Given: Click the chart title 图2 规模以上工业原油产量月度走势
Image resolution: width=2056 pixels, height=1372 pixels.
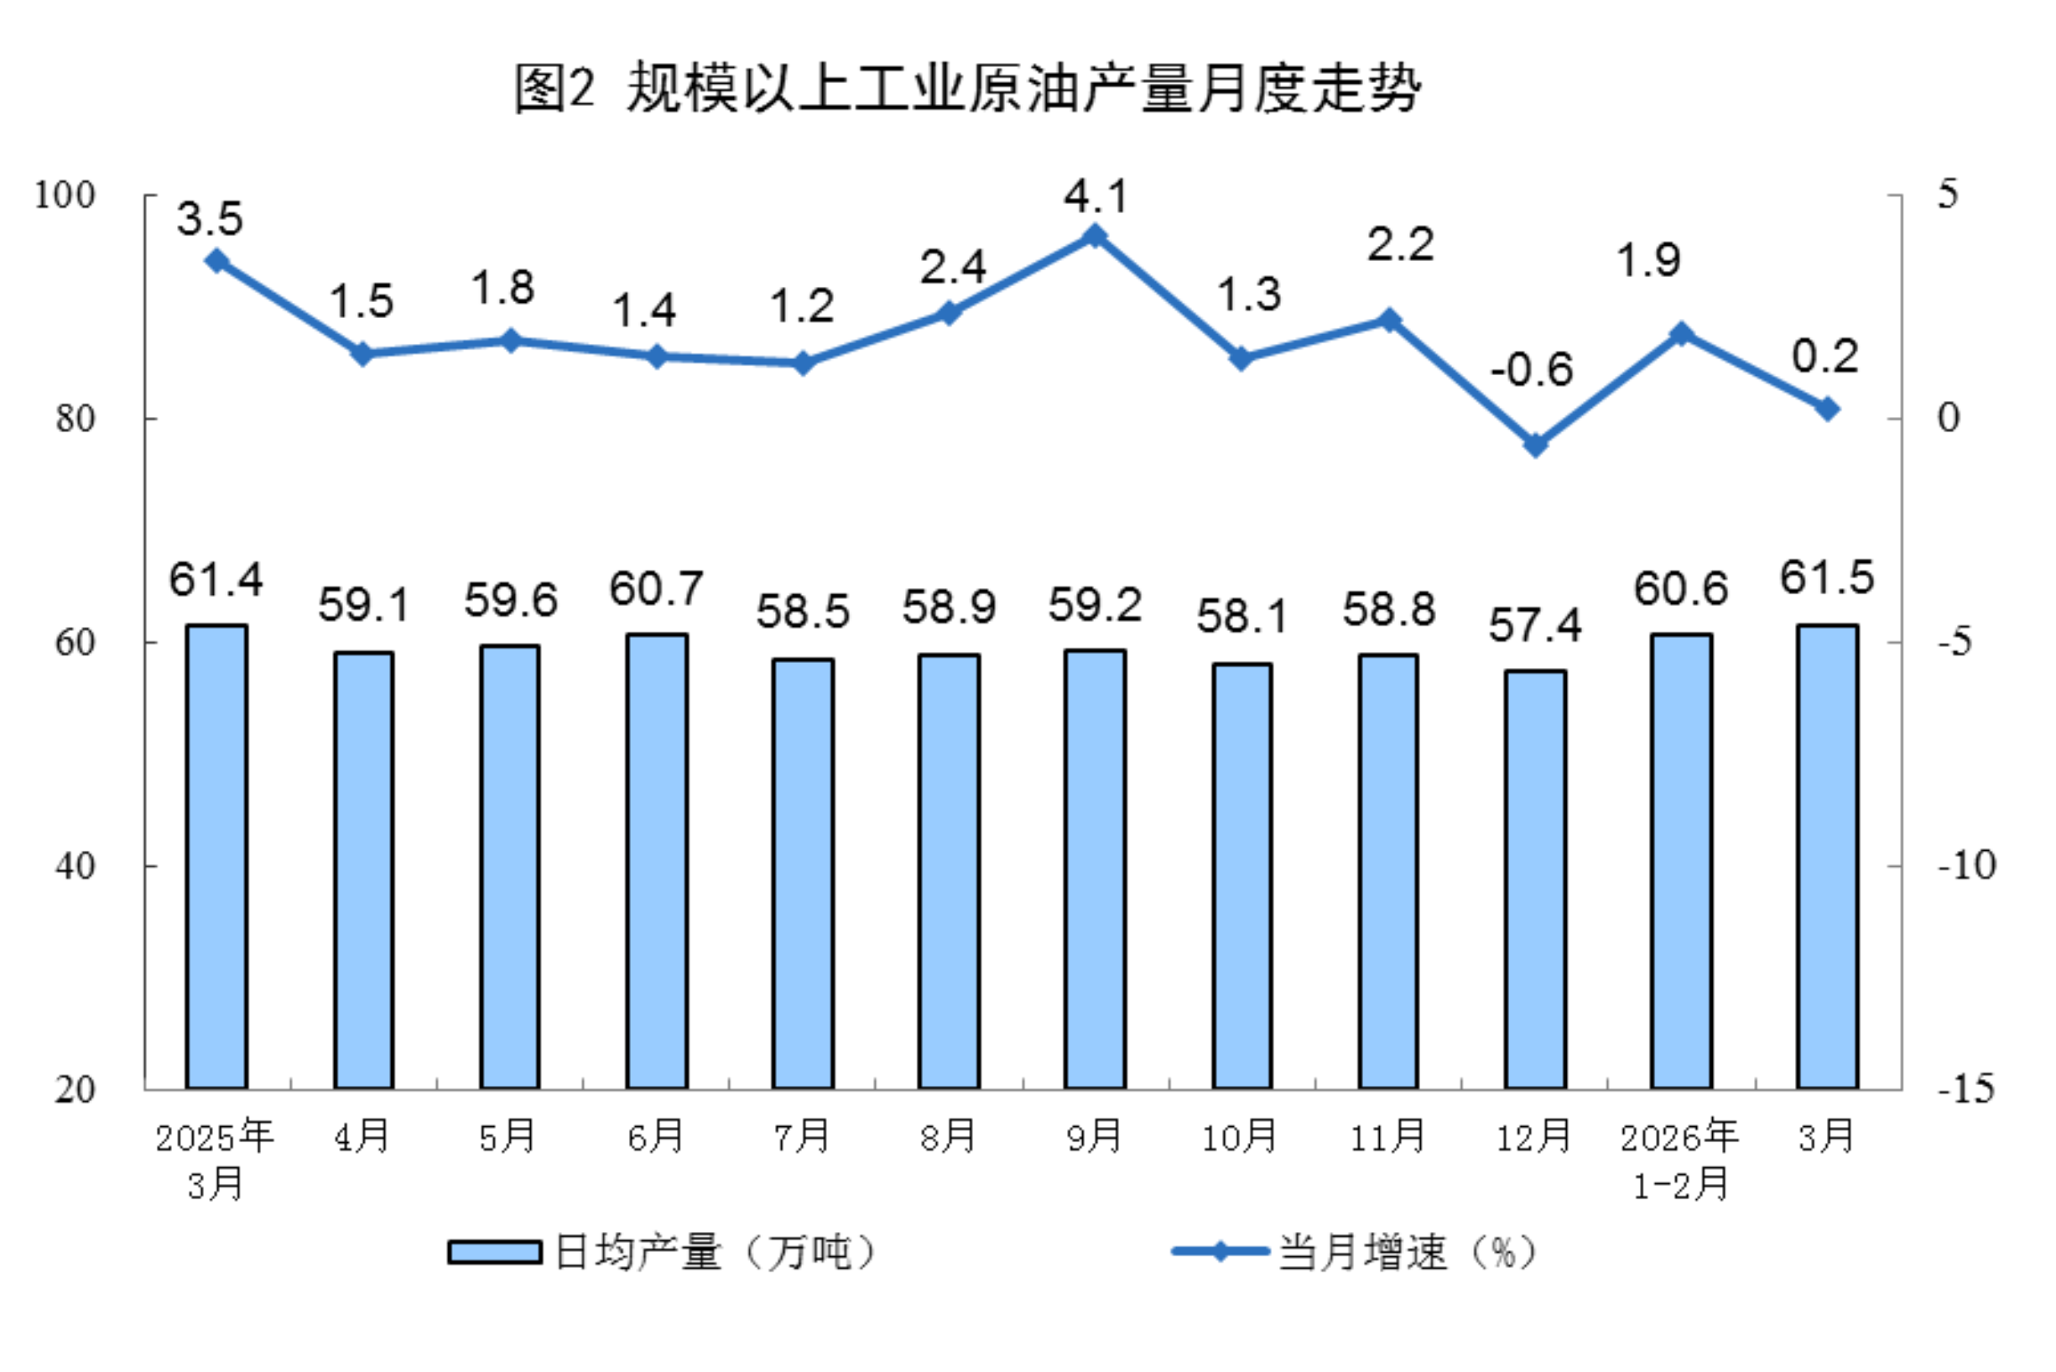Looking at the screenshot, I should click(967, 89).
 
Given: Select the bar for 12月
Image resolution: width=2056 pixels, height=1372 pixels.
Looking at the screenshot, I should click(1535, 878).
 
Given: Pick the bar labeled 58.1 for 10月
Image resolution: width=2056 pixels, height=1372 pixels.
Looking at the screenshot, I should click(1241, 875).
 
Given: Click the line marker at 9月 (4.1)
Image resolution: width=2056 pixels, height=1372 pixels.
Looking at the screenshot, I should click(1095, 236).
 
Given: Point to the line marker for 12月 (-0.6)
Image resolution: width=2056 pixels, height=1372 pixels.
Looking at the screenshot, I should click(1535, 444).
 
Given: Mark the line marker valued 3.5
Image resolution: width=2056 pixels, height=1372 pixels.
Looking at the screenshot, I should click(216, 261).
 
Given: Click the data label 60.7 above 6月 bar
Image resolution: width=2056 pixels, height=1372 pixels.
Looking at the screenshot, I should click(657, 589).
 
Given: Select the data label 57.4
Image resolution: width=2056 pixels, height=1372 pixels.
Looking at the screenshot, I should click(1535, 625).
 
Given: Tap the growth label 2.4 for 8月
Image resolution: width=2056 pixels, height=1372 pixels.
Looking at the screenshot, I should click(952, 267).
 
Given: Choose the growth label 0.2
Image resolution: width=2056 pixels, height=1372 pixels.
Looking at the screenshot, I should click(1824, 357).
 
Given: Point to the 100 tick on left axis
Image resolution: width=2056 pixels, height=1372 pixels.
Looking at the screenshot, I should click(64, 195).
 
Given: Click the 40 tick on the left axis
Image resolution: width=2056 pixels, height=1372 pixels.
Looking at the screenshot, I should click(75, 865).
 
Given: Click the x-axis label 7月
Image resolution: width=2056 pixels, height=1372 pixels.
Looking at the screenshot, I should click(802, 1137).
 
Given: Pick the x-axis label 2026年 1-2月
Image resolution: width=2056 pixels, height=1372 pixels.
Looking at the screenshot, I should click(1679, 1160).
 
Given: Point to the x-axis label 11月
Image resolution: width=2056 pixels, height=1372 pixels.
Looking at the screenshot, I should click(1388, 1137).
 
